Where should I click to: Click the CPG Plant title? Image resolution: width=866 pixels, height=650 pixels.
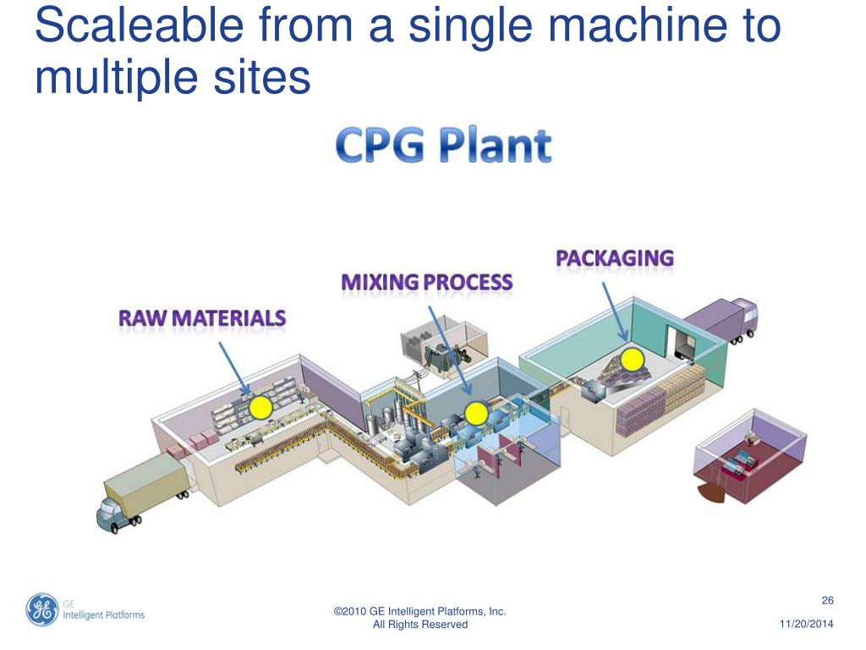click(444, 146)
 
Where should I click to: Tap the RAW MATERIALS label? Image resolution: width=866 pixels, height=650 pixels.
click(202, 319)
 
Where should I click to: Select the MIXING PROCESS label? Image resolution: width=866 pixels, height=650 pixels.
click(426, 283)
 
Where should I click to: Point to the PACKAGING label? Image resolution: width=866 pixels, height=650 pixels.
click(615, 258)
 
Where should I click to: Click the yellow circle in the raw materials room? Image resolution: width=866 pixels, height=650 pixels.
click(260, 408)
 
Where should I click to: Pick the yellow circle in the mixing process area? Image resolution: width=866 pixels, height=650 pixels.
click(476, 413)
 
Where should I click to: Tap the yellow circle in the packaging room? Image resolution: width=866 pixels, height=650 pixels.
click(631, 360)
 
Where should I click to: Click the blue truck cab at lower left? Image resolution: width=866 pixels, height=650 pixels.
click(113, 511)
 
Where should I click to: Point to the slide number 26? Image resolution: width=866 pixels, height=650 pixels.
click(828, 601)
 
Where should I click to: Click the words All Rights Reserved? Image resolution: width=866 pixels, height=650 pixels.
click(420, 625)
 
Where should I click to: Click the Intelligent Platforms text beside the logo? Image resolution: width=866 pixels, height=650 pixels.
click(103, 615)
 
